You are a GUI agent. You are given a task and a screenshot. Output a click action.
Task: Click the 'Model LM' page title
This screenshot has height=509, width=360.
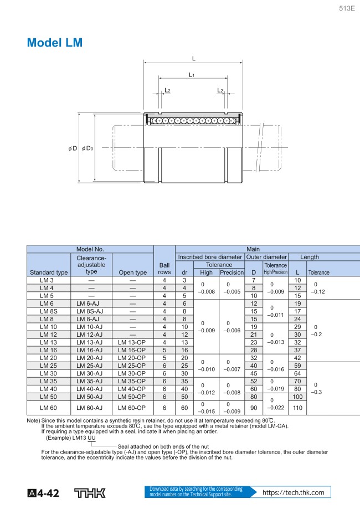coord(55,43)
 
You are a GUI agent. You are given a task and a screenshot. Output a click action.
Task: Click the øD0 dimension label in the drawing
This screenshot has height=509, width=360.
coord(88,148)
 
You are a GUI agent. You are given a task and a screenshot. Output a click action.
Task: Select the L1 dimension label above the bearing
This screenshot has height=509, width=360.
coord(191,74)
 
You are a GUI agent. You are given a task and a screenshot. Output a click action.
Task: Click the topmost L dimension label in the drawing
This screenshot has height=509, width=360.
coord(193,58)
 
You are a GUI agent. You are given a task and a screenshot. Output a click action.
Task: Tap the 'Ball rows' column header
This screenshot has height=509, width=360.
coord(164,268)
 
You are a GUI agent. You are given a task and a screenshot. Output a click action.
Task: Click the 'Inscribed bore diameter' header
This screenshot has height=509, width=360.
coord(210,257)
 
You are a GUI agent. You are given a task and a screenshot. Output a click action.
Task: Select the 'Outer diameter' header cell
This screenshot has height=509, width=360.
coord(266,257)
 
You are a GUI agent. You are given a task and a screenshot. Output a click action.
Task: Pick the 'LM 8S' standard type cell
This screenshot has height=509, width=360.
coord(49,311)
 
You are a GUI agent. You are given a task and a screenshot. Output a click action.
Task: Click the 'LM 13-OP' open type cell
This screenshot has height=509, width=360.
coord(133,342)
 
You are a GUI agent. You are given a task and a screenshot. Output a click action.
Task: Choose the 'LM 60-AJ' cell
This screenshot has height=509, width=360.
coord(91,408)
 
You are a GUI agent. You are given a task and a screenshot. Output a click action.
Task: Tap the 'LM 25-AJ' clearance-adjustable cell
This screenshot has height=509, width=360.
coord(91,366)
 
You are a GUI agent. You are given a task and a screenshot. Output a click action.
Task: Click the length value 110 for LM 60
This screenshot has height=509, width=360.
coord(298,408)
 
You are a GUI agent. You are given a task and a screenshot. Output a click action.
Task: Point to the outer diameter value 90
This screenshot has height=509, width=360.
coord(254,408)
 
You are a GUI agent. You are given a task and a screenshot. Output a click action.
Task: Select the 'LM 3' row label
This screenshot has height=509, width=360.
coord(49,280)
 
